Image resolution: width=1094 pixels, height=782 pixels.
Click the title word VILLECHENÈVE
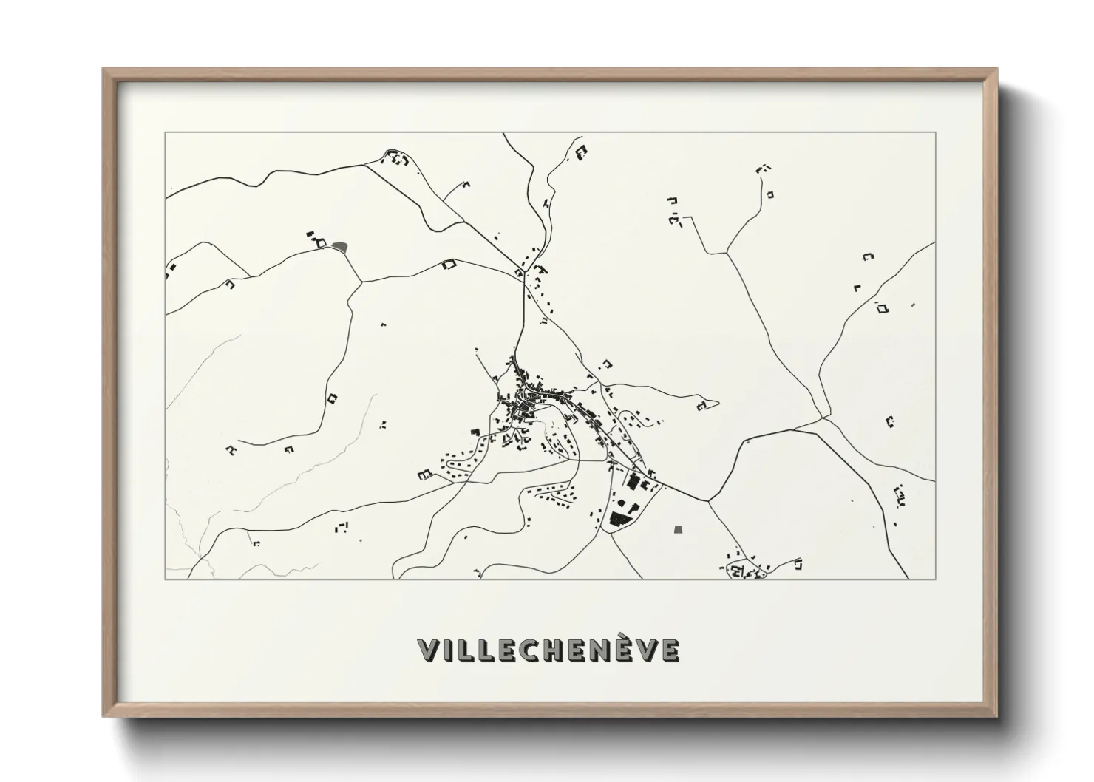(x=548, y=650)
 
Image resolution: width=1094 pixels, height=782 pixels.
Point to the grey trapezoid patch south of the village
(x=679, y=529)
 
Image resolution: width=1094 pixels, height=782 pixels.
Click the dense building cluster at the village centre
(x=525, y=399)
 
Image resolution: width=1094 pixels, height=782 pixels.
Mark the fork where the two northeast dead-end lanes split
(x=727, y=253)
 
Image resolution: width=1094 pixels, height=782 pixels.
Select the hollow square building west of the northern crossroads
(x=447, y=264)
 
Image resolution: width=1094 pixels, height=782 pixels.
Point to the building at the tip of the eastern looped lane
(x=702, y=405)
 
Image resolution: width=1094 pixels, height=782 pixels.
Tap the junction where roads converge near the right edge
(x=822, y=418)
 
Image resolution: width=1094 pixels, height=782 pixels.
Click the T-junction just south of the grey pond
(x=361, y=281)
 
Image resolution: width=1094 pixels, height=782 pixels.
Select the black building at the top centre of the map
(x=582, y=152)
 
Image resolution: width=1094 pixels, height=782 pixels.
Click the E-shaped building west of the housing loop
(x=424, y=474)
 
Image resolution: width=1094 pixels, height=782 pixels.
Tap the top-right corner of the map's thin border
(x=935, y=132)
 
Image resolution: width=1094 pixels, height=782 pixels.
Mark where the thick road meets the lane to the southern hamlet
(x=709, y=501)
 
